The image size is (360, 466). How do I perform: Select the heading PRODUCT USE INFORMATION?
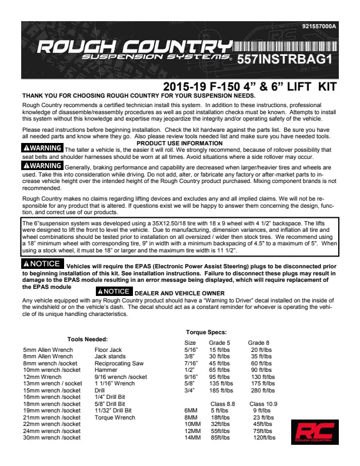pyautogui.click(x=179, y=143)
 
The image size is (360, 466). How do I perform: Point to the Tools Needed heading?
pyautogui.click(x=87, y=339)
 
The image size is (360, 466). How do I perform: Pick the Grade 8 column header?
pyautogui.click(x=259, y=342)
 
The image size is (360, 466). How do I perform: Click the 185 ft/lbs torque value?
pyautogui.click(x=221, y=390)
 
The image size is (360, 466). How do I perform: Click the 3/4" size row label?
pyautogui.click(x=190, y=390)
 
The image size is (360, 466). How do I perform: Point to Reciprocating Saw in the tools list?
pyautogui.click(x=119, y=364)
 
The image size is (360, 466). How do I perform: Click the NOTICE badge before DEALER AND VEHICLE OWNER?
pyautogui.click(x=113, y=291)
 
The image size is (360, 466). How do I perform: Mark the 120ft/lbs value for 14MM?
pyautogui.click(x=264, y=438)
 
